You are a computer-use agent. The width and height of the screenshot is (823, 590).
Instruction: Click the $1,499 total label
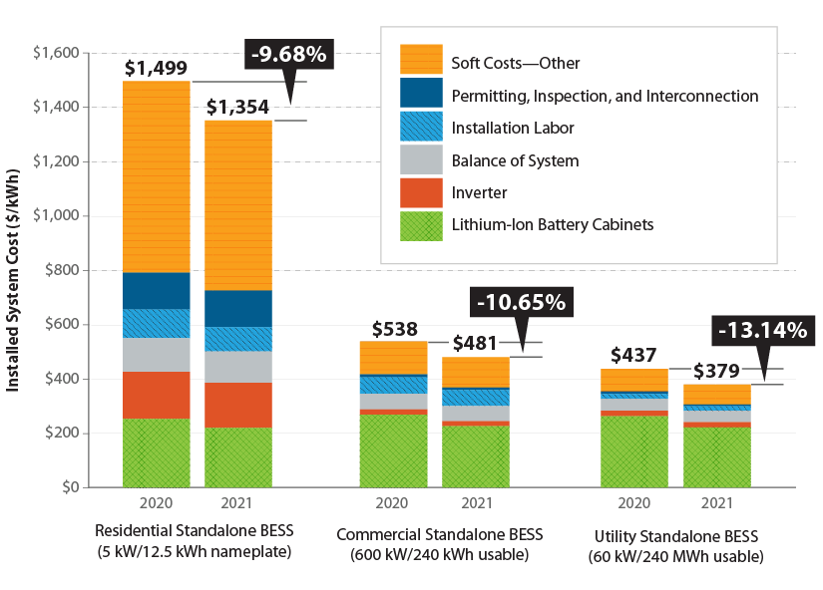(x=157, y=68)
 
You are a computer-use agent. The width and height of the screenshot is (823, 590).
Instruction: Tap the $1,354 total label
(x=237, y=107)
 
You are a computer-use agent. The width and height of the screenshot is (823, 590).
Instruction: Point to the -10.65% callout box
(x=521, y=300)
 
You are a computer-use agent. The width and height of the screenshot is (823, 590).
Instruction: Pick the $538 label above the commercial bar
(x=394, y=329)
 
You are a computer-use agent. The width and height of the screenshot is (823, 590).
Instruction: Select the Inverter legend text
(x=479, y=192)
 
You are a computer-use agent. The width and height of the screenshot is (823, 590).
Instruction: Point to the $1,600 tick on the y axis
(x=57, y=52)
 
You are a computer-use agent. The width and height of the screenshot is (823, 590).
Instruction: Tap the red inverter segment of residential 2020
(x=157, y=395)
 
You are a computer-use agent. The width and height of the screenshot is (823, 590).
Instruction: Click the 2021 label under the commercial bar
(x=476, y=504)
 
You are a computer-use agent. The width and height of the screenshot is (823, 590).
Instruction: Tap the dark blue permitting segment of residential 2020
(x=157, y=290)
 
